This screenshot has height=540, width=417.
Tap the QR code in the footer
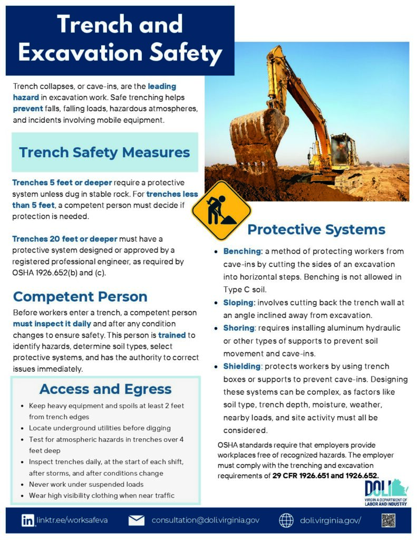pos(389,520)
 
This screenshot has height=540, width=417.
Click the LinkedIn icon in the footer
pos(28,520)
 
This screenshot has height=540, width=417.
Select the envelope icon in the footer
pos(137,520)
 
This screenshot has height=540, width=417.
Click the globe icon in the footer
pos(286,520)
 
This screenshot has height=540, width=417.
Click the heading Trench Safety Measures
pos(104,152)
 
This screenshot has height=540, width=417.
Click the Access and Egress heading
pos(105,389)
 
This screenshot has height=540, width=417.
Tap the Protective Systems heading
pos(316,229)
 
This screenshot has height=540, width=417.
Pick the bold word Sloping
pos(239,303)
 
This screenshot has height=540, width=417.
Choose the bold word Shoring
pos(239,328)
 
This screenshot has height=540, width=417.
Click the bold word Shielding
pos(241,367)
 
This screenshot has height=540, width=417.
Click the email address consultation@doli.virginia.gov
pos(206,520)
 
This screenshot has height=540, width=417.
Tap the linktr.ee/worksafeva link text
pos(72,520)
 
